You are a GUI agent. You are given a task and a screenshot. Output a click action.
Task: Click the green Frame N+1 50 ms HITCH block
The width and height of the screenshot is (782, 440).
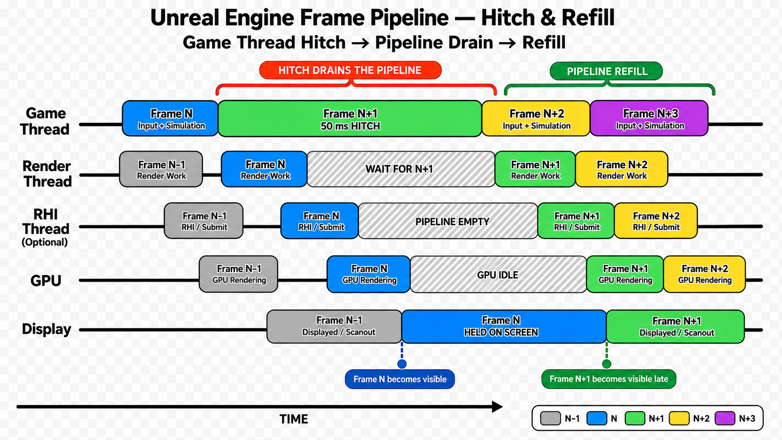pyautogui.click(x=350, y=119)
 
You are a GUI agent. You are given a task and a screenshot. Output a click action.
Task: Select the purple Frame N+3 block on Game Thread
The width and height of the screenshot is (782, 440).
pyautogui.click(x=649, y=118)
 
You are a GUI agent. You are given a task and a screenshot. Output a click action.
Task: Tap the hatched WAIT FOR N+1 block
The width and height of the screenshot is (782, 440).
pyautogui.click(x=401, y=169)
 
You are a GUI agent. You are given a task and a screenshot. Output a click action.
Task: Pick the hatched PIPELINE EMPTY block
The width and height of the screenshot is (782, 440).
pyautogui.click(x=448, y=221)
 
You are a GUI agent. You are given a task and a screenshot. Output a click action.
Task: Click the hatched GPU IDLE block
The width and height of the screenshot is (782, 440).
pyautogui.click(x=498, y=274)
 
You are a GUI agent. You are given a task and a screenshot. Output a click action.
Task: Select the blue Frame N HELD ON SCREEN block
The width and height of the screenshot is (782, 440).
pyautogui.click(x=504, y=326)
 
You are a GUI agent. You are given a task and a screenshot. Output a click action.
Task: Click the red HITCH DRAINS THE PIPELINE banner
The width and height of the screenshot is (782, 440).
pyautogui.click(x=350, y=70)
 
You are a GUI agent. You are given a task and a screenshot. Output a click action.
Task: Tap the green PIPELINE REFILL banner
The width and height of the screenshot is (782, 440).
pyautogui.click(x=607, y=71)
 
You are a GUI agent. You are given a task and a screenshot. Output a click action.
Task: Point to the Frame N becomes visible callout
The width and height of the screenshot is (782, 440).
pyautogui.click(x=400, y=379)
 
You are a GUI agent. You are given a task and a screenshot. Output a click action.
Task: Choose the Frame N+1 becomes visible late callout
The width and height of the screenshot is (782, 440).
pyautogui.click(x=609, y=379)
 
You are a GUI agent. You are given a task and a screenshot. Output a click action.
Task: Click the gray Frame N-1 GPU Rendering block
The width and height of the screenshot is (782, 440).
pyautogui.click(x=239, y=274)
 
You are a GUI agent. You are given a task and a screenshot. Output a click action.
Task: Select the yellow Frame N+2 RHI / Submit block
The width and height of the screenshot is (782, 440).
pyautogui.click(x=656, y=221)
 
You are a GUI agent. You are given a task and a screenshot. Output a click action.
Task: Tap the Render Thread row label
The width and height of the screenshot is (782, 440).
pyautogui.click(x=47, y=174)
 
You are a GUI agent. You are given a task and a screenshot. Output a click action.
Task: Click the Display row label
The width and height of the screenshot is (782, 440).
pyautogui.click(x=46, y=329)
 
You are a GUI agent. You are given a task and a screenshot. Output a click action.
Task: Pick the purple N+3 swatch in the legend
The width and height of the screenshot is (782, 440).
pyautogui.click(x=725, y=418)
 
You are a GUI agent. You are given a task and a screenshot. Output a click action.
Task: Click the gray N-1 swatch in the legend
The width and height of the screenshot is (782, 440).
pyautogui.click(x=550, y=418)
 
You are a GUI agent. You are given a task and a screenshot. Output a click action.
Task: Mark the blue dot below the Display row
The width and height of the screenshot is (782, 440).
pyautogui.click(x=402, y=364)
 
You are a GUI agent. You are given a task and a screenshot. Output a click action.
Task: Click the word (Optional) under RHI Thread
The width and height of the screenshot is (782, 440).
pyautogui.click(x=45, y=242)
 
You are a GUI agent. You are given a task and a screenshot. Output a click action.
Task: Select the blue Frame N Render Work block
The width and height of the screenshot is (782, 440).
pyautogui.click(x=264, y=169)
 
